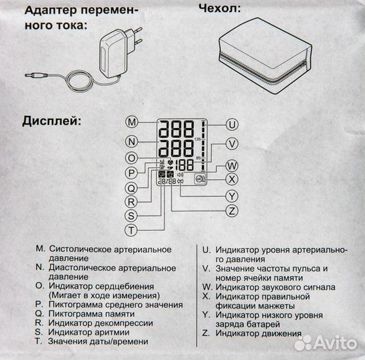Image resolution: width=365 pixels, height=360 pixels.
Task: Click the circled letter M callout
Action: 132,122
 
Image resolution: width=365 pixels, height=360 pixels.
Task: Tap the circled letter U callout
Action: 232,124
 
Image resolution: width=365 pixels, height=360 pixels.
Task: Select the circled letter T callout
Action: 132,229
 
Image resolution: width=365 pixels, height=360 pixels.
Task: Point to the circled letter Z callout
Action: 232,211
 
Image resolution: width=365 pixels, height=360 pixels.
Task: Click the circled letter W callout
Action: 232,165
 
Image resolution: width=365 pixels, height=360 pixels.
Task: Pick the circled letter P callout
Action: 132,173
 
